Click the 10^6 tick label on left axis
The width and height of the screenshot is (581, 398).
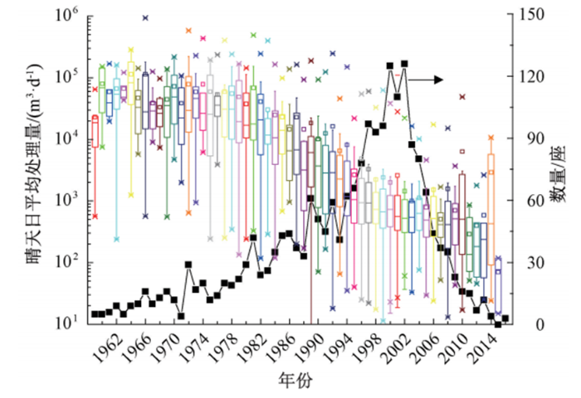pyautogui.click(x=69, y=15)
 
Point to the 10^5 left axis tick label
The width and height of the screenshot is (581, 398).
pyautogui.click(x=69, y=76)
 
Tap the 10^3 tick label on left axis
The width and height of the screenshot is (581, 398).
pyautogui.click(x=69, y=200)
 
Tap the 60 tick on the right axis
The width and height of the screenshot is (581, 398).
pyautogui.click(x=528, y=200)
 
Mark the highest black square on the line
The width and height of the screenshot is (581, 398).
pyautogui.click(x=404, y=64)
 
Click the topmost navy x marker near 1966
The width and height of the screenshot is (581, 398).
pyautogui.click(x=145, y=17)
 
